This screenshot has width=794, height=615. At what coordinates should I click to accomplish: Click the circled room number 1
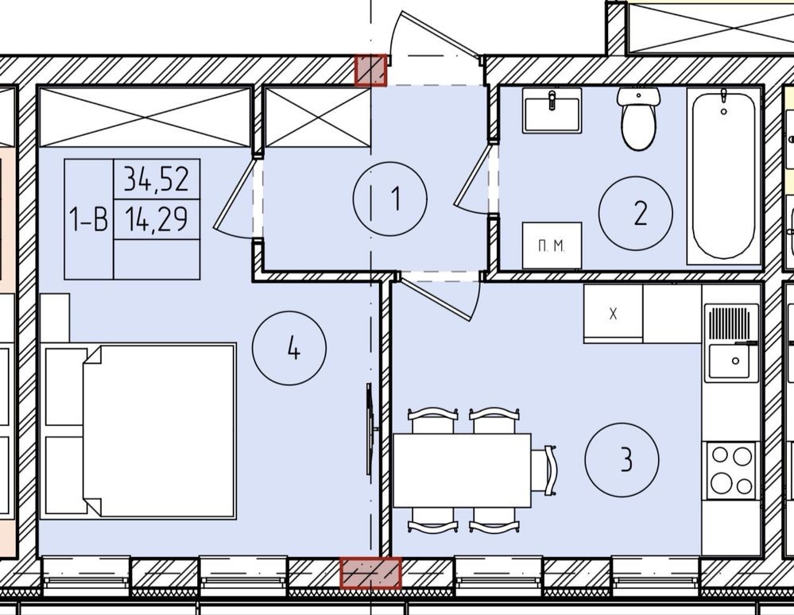(x=390, y=199)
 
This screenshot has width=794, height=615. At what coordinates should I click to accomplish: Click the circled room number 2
(x=636, y=213)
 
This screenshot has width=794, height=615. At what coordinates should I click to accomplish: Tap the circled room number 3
(x=622, y=460)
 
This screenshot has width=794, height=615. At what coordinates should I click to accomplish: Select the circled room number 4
(x=289, y=348)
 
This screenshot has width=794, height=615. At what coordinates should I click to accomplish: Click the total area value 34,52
(x=157, y=179)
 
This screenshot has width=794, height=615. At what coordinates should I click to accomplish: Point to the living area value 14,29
(x=157, y=219)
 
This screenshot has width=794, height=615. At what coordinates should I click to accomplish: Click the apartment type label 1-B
(x=88, y=219)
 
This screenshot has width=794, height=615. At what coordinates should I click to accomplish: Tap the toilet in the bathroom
(x=638, y=118)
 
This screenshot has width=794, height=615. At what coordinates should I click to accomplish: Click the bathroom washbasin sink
(x=552, y=110)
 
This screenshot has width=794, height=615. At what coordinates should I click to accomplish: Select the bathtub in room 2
(x=723, y=176)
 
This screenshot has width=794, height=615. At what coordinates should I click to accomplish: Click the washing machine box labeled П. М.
(x=552, y=246)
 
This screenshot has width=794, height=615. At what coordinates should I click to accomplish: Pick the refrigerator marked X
(x=614, y=314)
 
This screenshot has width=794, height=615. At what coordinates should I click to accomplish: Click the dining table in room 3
(x=462, y=470)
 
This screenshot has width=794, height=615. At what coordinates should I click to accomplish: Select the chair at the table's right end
(x=544, y=470)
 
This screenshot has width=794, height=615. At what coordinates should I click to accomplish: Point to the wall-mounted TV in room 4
(x=370, y=429)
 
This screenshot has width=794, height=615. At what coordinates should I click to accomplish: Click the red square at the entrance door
(x=370, y=71)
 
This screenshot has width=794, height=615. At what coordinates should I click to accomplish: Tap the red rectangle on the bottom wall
(x=370, y=574)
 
